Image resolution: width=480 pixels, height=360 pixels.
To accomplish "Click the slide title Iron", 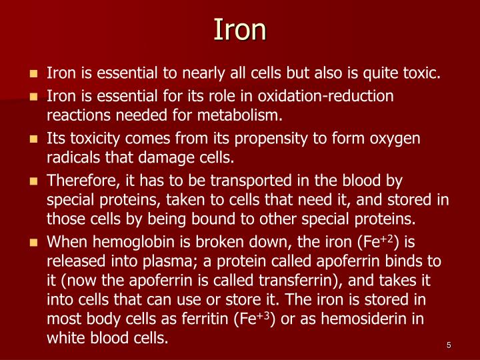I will point(240,29).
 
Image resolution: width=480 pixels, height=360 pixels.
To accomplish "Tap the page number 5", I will point(449,345).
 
